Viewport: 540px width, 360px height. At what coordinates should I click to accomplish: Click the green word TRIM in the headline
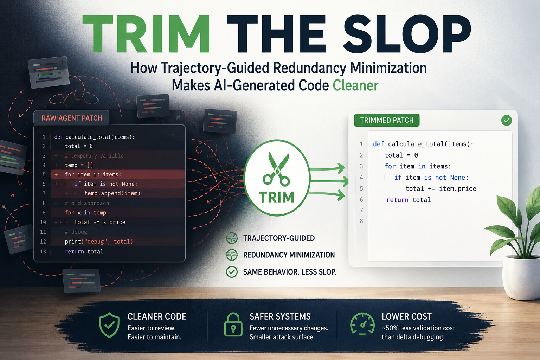pos(146,33)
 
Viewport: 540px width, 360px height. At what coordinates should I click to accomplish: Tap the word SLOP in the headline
pos(407,33)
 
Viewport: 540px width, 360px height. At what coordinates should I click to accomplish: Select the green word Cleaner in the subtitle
pos(355,85)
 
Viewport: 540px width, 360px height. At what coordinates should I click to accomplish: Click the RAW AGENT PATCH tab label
pos(72,118)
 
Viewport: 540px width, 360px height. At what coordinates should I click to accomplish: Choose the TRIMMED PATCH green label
pos(387,120)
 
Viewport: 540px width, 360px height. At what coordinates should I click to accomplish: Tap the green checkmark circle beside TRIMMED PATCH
pos(507,120)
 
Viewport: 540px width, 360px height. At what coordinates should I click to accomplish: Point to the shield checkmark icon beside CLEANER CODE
pos(109,325)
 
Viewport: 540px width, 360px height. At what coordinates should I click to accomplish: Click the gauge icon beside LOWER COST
pos(362,324)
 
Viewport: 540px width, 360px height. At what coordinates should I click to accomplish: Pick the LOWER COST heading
pos(406,316)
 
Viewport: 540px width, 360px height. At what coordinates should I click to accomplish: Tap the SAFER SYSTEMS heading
pos(280,316)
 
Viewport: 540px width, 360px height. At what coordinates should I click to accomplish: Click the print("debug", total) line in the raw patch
pos(99,242)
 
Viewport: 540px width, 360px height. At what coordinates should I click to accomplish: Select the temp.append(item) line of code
pos(112,193)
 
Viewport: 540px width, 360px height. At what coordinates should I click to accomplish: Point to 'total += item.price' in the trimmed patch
pos(441,188)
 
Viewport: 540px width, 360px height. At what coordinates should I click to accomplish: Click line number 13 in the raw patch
pos(43,251)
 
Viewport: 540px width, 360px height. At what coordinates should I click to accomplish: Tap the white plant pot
pos(522,277)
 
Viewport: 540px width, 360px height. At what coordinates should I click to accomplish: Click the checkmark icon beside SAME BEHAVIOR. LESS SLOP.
pos(232,272)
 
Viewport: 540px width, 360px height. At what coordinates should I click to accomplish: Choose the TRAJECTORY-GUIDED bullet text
pos(279,238)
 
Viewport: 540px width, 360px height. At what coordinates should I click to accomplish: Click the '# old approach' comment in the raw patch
pos(87,203)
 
